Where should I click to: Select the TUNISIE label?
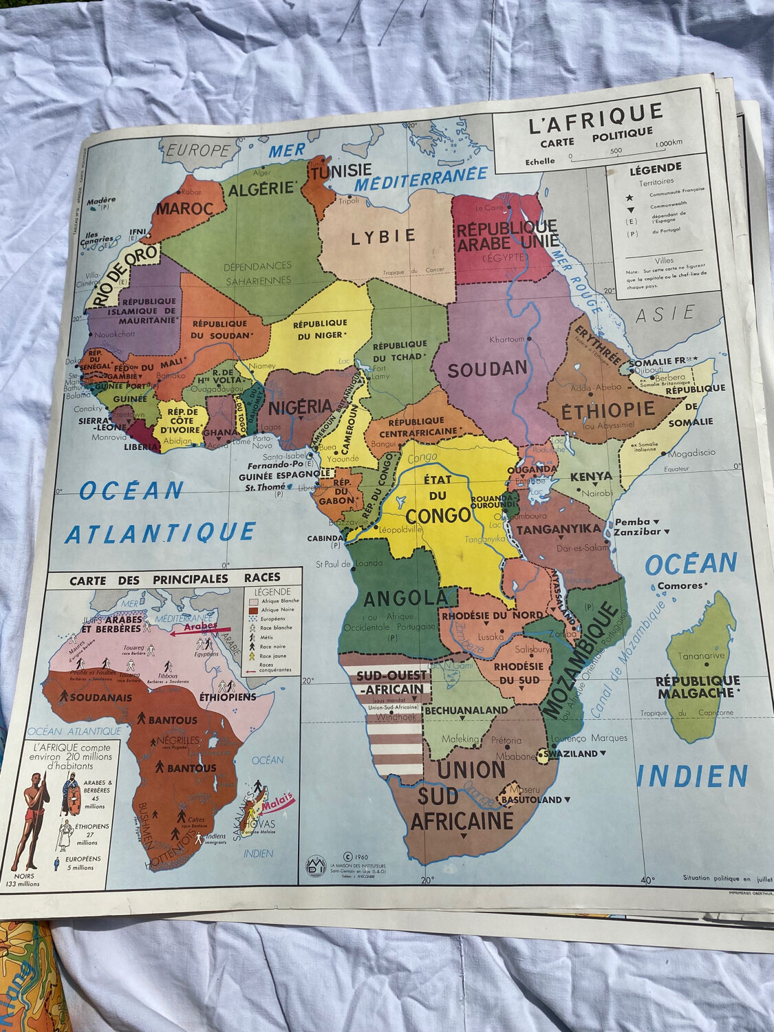tap(340, 170)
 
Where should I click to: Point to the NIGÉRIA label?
tap(300, 407)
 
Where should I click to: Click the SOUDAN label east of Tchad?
tap(487, 369)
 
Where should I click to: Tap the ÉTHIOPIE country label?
tap(608, 411)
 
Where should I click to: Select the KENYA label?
tap(591, 476)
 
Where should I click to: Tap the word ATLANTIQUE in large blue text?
tap(160, 533)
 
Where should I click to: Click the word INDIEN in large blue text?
tap(691, 776)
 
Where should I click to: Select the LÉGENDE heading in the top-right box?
tap(655, 167)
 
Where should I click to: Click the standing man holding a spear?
tap(29, 822)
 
